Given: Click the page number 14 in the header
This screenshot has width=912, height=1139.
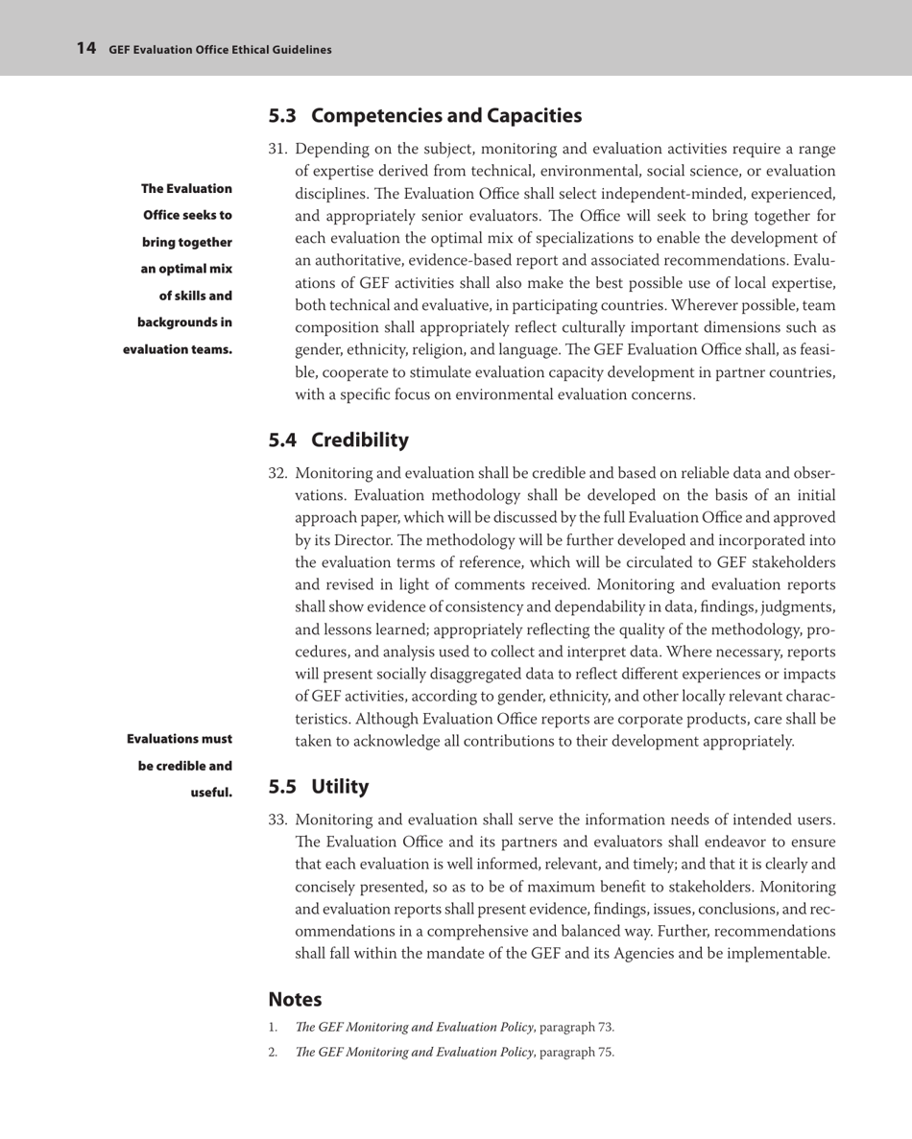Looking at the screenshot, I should (85, 48).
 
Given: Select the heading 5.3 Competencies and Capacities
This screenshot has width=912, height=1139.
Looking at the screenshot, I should (424, 117).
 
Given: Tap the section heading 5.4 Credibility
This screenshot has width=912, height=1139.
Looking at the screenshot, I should (338, 440).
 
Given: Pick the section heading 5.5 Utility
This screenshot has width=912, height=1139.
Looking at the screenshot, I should (319, 788).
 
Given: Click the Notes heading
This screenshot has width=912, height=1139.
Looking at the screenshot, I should (295, 999).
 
